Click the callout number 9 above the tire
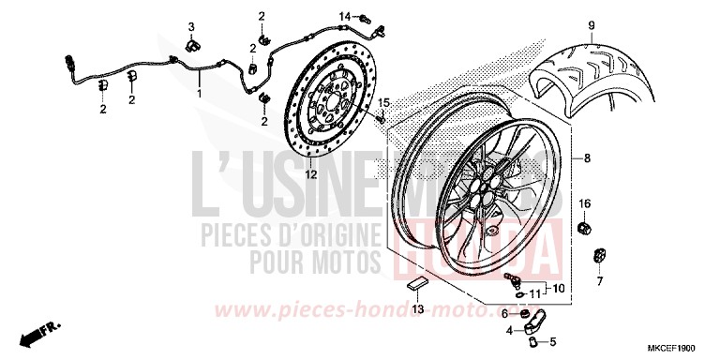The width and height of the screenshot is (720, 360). coord(592,24)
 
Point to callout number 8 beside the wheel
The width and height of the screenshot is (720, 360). coord(587,158)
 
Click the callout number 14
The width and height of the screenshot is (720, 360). coord(345,17)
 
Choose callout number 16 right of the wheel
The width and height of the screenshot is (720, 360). coord(583,203)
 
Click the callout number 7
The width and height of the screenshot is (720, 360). coord(599,280)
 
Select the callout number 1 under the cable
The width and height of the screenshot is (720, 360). coord(198,94)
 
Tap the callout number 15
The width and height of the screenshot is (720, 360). coord(383,102)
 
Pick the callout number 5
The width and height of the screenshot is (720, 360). coord(553,340)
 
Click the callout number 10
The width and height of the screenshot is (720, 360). coord(558,288)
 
